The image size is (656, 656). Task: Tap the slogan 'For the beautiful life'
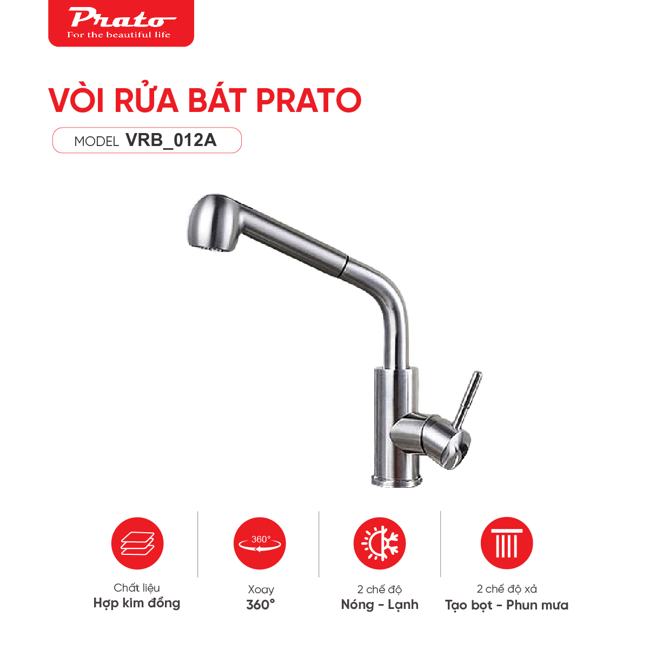tap(118, 35)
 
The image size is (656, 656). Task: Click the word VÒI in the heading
tap(78, 100)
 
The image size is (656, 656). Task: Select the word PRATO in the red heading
tap(308, 100)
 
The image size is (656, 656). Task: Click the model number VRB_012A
tap(171, 140)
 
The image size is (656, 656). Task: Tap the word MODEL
tap(96, 142)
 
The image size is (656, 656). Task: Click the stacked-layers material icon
tap(137, 544)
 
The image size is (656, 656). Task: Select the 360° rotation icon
tap(260, 544)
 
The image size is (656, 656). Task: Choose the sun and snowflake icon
tap(380, 544)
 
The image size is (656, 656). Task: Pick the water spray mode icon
tap(507, 544)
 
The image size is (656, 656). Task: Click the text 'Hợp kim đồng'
tap(137, 604)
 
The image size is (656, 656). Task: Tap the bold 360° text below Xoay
tap(260, 605)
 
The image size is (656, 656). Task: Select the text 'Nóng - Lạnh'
tap(380, 605)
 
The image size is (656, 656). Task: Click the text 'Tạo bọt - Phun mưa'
tap(507, 605)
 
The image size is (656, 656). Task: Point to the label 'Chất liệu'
tap(137, 588)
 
